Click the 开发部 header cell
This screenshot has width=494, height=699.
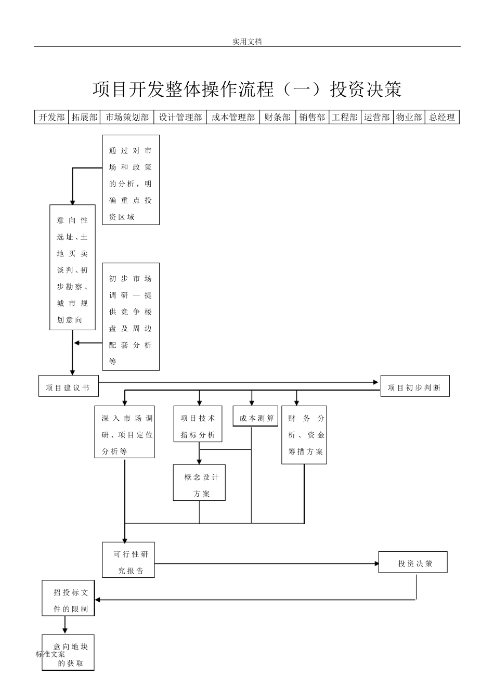[51, 118]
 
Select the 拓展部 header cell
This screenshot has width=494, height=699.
[84, 118]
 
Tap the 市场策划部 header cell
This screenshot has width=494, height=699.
[127, 118]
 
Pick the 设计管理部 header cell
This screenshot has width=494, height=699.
[180, 118]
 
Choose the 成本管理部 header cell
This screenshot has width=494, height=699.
[233, 118]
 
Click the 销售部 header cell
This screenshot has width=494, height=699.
[312, 118]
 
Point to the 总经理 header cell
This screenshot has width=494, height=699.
[442, 118]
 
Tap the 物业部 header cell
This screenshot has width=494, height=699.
[409, 118]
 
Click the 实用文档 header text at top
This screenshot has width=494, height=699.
[247, 42]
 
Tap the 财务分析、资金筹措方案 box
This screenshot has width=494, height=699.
[304, 435]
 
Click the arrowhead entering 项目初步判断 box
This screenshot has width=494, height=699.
[376, 382]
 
